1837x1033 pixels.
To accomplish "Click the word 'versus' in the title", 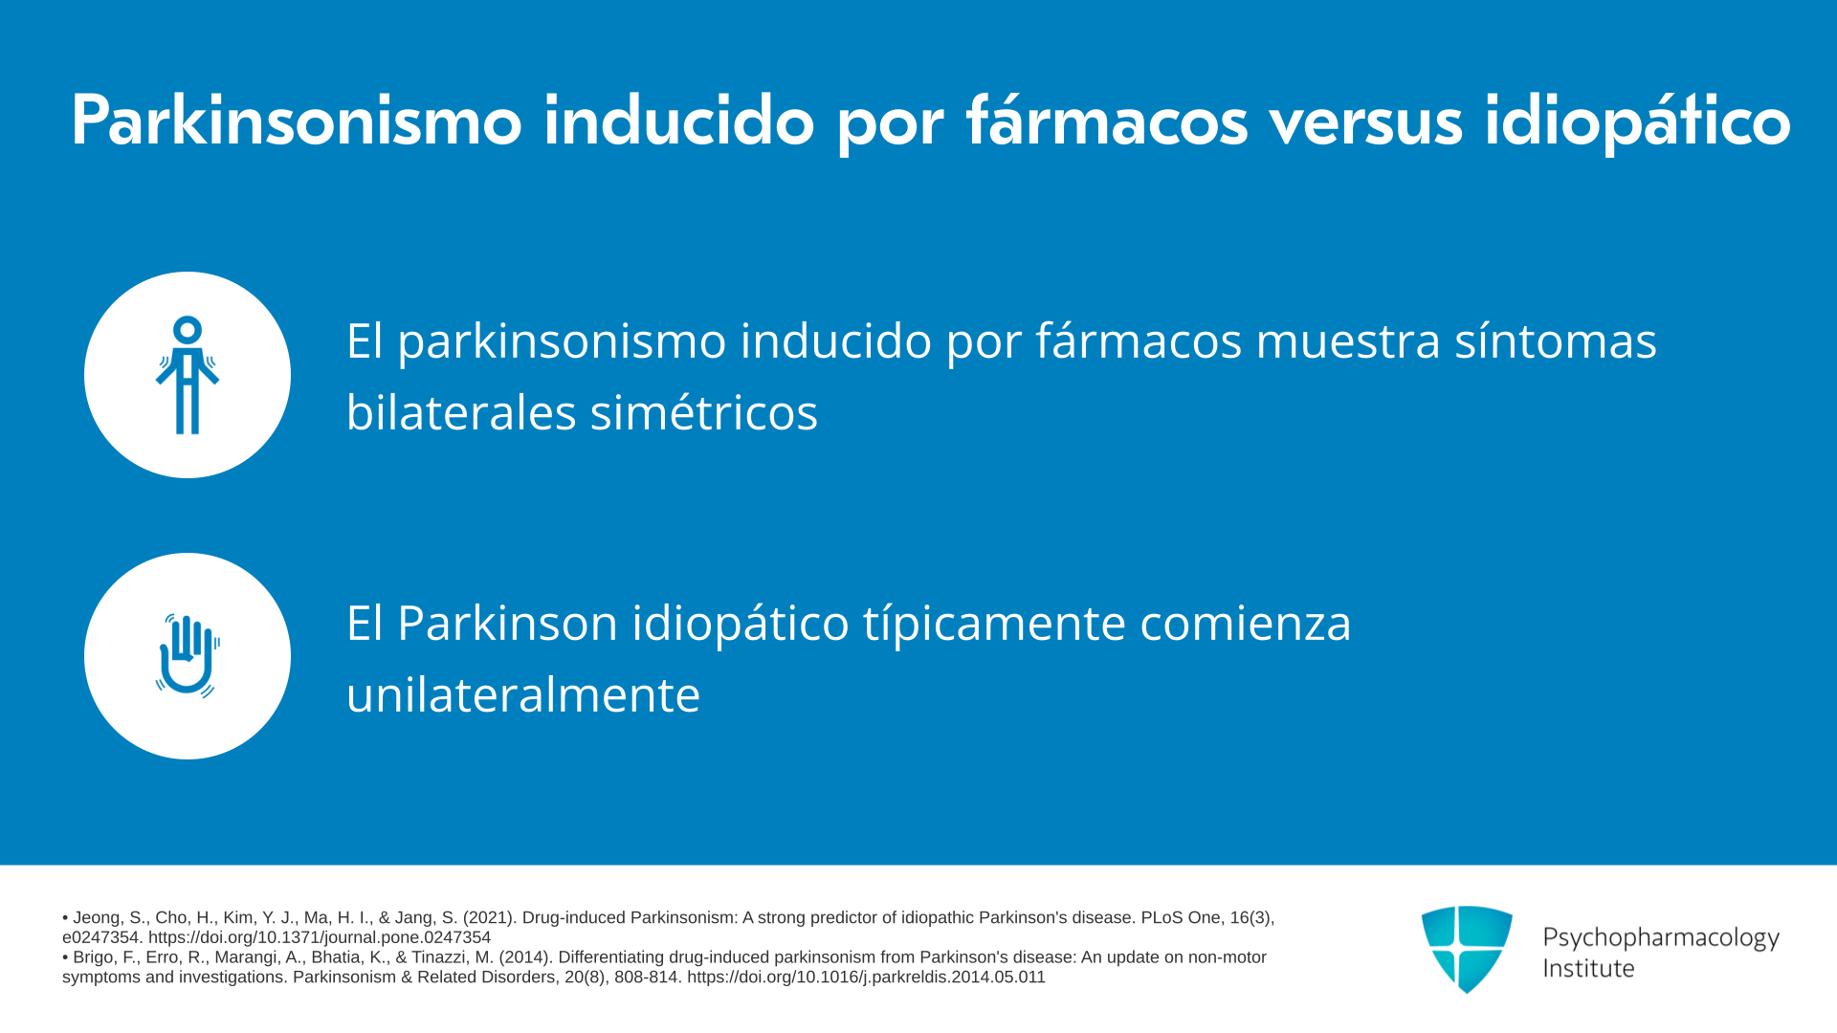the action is pos(1366,122).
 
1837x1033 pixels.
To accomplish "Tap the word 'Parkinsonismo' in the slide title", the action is pos(297,121).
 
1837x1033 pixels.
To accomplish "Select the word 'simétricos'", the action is pos(704,413).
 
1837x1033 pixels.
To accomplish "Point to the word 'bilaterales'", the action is pos(461,412).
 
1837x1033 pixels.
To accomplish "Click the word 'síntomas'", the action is pos(1556,341).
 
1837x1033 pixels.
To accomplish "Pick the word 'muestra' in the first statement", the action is pos(1348,341).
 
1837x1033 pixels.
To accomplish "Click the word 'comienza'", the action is pos(1246,623).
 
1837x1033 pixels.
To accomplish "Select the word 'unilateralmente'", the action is pos(523,694).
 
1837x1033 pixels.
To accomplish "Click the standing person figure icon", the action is pos(188,375).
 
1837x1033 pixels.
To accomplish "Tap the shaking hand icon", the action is pos(188,656).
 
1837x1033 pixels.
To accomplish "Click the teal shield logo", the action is pos(1467,949).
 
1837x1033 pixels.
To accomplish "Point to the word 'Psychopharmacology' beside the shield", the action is pos(1661,938).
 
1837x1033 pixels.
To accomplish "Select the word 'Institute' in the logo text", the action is pos(1589,968).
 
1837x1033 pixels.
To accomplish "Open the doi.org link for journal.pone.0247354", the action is pos(320,937).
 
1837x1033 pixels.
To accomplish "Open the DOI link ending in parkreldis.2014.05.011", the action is pos(866,978).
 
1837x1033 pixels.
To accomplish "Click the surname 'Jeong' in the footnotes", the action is pos(100,918).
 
